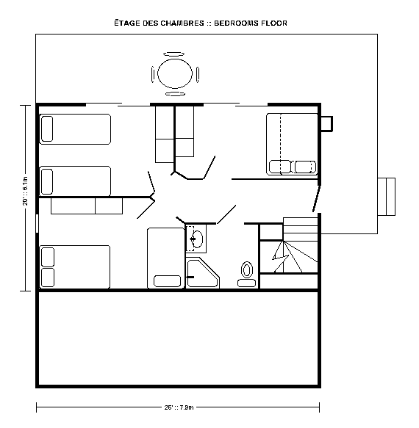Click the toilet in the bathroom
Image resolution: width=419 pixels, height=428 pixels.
point(247,275)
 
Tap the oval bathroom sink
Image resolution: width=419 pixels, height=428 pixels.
point(196,239)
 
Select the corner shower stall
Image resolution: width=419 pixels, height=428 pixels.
point(203,273)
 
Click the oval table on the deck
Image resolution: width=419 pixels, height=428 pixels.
point(175,73)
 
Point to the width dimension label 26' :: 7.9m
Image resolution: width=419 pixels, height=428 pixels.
point(179,407)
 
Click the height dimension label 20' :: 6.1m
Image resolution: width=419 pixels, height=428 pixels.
point(25,191)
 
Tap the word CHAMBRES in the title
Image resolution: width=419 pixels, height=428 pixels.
point(182,23)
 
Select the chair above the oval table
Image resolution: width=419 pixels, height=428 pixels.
point(173,54)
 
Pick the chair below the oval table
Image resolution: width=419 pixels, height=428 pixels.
point(175,94)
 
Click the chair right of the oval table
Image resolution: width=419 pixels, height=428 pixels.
point(198,75)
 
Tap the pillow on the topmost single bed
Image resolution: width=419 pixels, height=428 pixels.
point(47,129)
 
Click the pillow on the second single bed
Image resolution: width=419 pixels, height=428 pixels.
point(47,181)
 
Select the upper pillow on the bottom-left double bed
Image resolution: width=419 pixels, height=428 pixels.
point(48,257)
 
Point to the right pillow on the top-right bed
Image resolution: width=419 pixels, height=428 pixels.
point(305,167)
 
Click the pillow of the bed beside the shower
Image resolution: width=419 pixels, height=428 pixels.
point(168,281)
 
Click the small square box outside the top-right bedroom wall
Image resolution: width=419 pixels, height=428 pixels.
point(327,124)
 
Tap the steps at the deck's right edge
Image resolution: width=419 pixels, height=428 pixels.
point(387,197)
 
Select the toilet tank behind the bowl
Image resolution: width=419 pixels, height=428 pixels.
point(246,283)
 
